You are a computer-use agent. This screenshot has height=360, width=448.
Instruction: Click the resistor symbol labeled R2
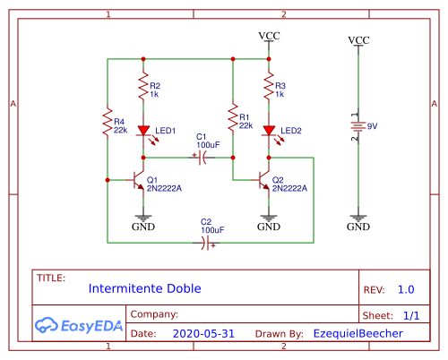[142, 88]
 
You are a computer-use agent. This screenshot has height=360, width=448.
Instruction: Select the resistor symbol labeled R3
[268, 88]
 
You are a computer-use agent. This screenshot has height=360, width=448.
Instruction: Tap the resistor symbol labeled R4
[107, 124]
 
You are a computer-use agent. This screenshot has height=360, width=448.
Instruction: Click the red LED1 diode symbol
[142, 132]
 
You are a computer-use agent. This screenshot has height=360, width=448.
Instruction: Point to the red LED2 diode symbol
[268, 132]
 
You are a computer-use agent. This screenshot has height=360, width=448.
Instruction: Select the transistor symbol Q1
[139, 180]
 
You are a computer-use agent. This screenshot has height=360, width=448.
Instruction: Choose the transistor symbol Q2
[264, 180]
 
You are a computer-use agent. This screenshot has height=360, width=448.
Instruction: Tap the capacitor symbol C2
[208, 243]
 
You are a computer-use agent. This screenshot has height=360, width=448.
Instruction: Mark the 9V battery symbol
[358, 127]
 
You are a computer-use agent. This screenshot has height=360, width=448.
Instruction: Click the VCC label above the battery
[358, 40]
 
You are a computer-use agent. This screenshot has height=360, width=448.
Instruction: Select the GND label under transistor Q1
[142, 227]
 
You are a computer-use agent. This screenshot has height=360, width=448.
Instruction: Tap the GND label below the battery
[358, 227]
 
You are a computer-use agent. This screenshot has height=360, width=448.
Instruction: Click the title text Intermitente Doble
[144, 289]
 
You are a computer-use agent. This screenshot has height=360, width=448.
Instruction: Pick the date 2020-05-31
[202, 333]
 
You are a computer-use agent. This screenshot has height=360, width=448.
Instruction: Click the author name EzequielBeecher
[358, 333]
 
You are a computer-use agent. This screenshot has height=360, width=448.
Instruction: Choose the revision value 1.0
[406, 289]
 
